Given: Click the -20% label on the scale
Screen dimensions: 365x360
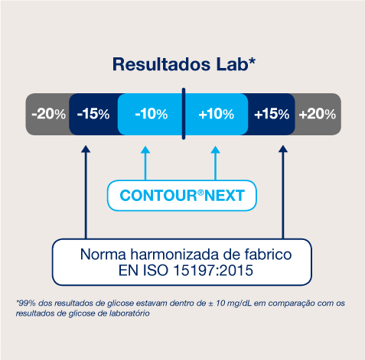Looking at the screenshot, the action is pyautogui.click(x=49, y=114).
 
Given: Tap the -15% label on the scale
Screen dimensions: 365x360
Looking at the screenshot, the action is pyautogui.click(x=93, y=114).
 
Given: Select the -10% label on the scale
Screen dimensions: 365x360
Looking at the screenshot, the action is pyautogui.click(x=152, y=114).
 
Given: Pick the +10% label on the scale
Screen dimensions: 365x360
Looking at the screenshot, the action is pyautogui.click(x=217, y=114).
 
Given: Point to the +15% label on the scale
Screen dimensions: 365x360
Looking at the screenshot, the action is pyautogui.click(x=272, y=114).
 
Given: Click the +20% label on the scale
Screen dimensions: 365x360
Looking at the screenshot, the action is pyautogui.click(x=318, y=114).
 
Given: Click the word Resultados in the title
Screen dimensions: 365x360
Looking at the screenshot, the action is pyautogui.click(x=161, y=64).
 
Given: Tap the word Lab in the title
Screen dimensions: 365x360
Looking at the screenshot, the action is pyautogui.click(x=232, y=64).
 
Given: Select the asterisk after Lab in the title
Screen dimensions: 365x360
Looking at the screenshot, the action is pyautogui.click(x=252, y=61).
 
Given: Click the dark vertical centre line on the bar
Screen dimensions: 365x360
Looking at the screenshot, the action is pyautogui.click(x=184, y=114).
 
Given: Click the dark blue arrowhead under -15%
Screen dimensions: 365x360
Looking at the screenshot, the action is pyautogui.click(x=86, y=149).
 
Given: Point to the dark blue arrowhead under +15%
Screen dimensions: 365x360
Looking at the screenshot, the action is pyautogui.click(x=283, y=149).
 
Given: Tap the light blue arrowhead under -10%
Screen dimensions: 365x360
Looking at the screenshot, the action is pyautogui.click(x=145, y=150).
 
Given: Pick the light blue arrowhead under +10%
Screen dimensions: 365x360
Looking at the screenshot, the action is pyautogui.click(x=216, y=150).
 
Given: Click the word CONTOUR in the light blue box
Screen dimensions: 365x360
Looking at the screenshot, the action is pyautogui.click(x=158, y=196).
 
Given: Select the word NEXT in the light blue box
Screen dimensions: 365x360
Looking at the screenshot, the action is pyautogui.click(x=224, y=196).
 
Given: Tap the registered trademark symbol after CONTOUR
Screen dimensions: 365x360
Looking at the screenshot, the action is pyautogui.click(x=200, y=193).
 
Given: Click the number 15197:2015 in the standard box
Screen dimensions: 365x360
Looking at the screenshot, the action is pyautogui.click(x=213, y=271).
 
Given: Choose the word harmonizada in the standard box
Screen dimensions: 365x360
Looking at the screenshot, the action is pyautogui.click(x=174, y=255).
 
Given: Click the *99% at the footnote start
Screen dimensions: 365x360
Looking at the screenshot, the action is pyautogui.click(x=25, y=303).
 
